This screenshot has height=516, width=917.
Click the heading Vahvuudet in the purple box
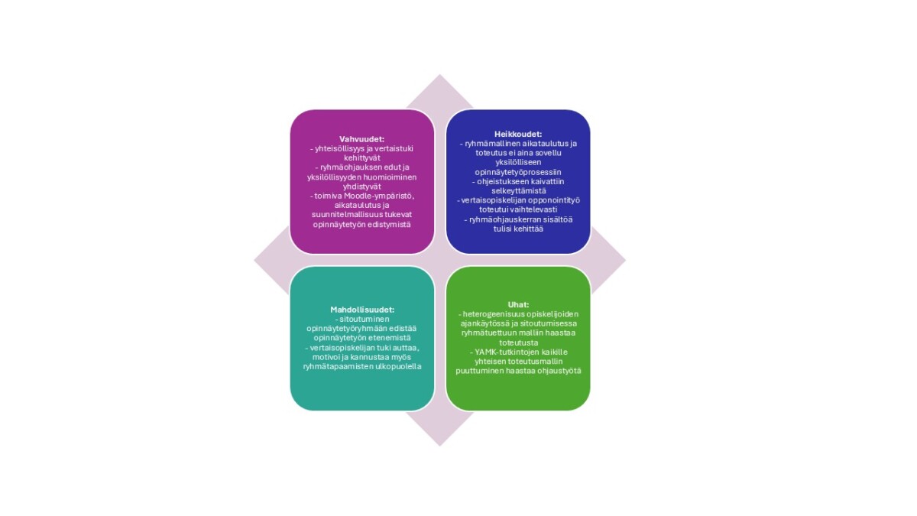[362, 139]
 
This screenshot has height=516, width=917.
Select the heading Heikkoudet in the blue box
[518, 134]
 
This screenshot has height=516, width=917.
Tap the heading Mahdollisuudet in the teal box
[362, 310]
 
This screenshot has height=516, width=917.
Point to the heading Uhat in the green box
[518, 305]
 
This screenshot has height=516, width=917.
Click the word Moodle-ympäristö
[379, 196]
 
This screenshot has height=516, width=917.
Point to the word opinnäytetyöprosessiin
[518, 173]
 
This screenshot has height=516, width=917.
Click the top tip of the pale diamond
[440, 74]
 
